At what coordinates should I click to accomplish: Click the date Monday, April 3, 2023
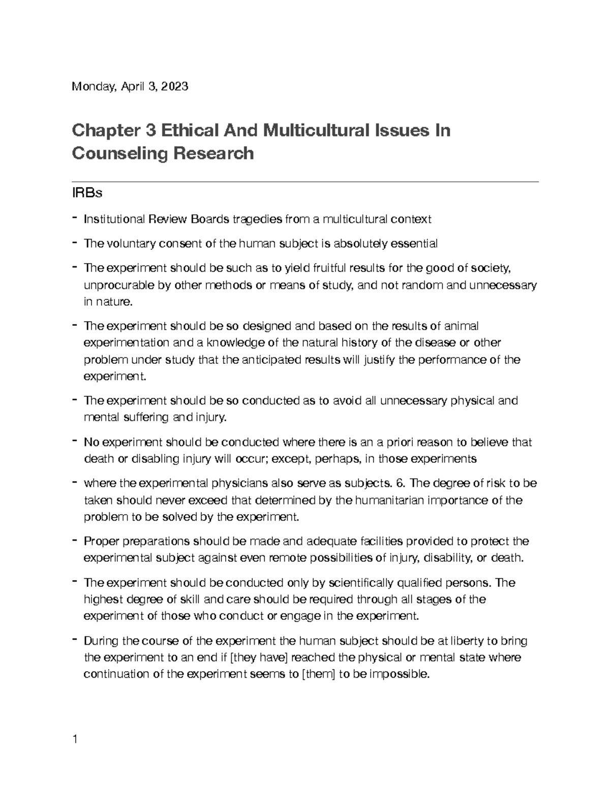click(x=130, y=87)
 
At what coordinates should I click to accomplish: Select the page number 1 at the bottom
click(x=75, y=739)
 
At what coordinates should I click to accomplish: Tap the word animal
click(x=462, y=326)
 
